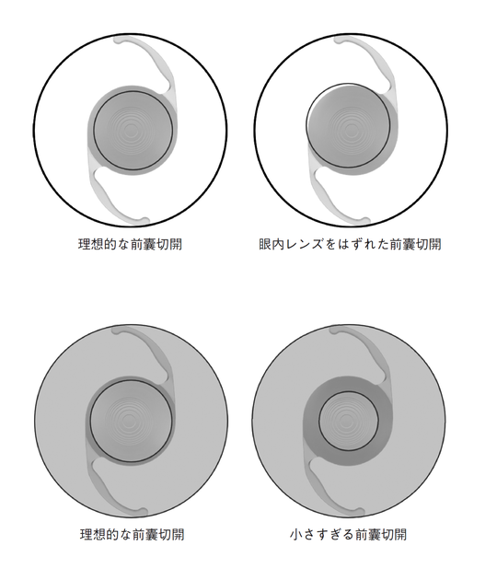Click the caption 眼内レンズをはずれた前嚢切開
click(350, 245)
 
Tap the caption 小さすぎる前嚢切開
click(348, 535)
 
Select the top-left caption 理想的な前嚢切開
click(130, 245)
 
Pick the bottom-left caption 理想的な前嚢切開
click(132, 535)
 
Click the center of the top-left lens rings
click(130, 130)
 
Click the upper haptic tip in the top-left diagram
click(119, 40)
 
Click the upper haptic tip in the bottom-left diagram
click(117, 331)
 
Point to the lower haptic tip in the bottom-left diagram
click(142, 512)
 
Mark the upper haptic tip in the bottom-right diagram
click(335, 331)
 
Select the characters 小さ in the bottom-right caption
click(302, 535)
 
